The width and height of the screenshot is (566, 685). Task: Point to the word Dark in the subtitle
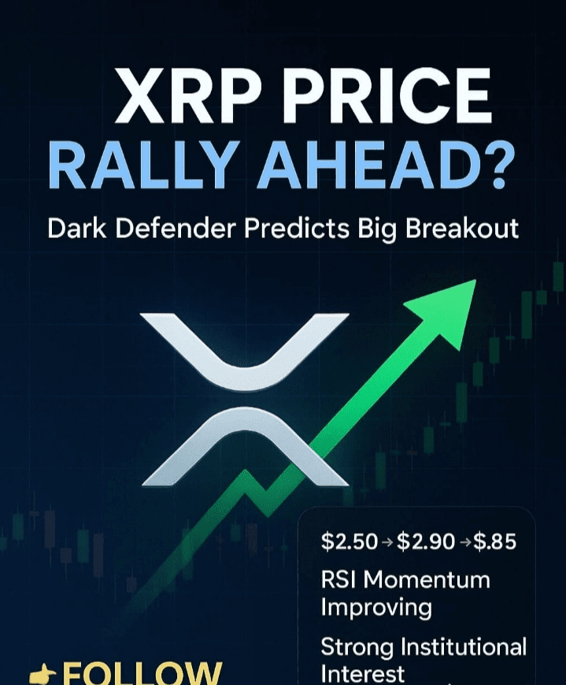[x=76, y=228]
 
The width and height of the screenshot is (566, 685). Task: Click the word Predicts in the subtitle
[x=296, y=228]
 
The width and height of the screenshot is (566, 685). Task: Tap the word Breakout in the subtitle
[x=462, y=228]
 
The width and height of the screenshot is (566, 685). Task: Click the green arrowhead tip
[x=475, y=281]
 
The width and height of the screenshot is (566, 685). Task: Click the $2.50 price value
[x=349, y=542]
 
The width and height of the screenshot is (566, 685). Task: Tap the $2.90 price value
[x=426, y=542]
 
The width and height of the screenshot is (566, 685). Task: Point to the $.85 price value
[x=495, y=542]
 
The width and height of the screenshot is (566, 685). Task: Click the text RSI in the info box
[x=338, y=580]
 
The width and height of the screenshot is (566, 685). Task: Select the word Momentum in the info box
[x=427, y=580]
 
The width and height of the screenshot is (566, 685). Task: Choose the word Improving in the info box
[x=376, y=608]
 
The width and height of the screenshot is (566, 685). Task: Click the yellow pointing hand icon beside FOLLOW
[x=43, y=676]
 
